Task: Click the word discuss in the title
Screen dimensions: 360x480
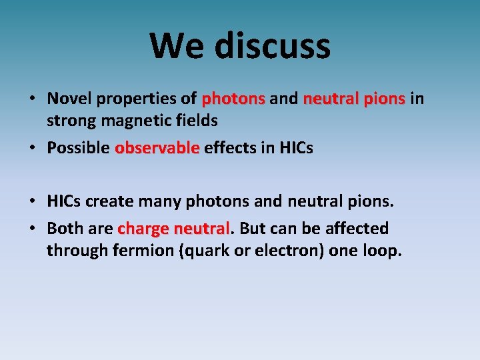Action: pos(273,45)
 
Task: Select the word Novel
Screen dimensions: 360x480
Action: pos(70,99)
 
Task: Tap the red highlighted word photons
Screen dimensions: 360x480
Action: pos(233,99)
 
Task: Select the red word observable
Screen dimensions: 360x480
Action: pos(157,147)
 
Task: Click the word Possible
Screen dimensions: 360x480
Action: pos(78,147)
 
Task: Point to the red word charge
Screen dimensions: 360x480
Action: pos(143,229)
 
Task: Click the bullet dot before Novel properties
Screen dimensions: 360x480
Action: pos(31,99)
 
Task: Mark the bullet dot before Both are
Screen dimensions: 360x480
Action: pos(31,229)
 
